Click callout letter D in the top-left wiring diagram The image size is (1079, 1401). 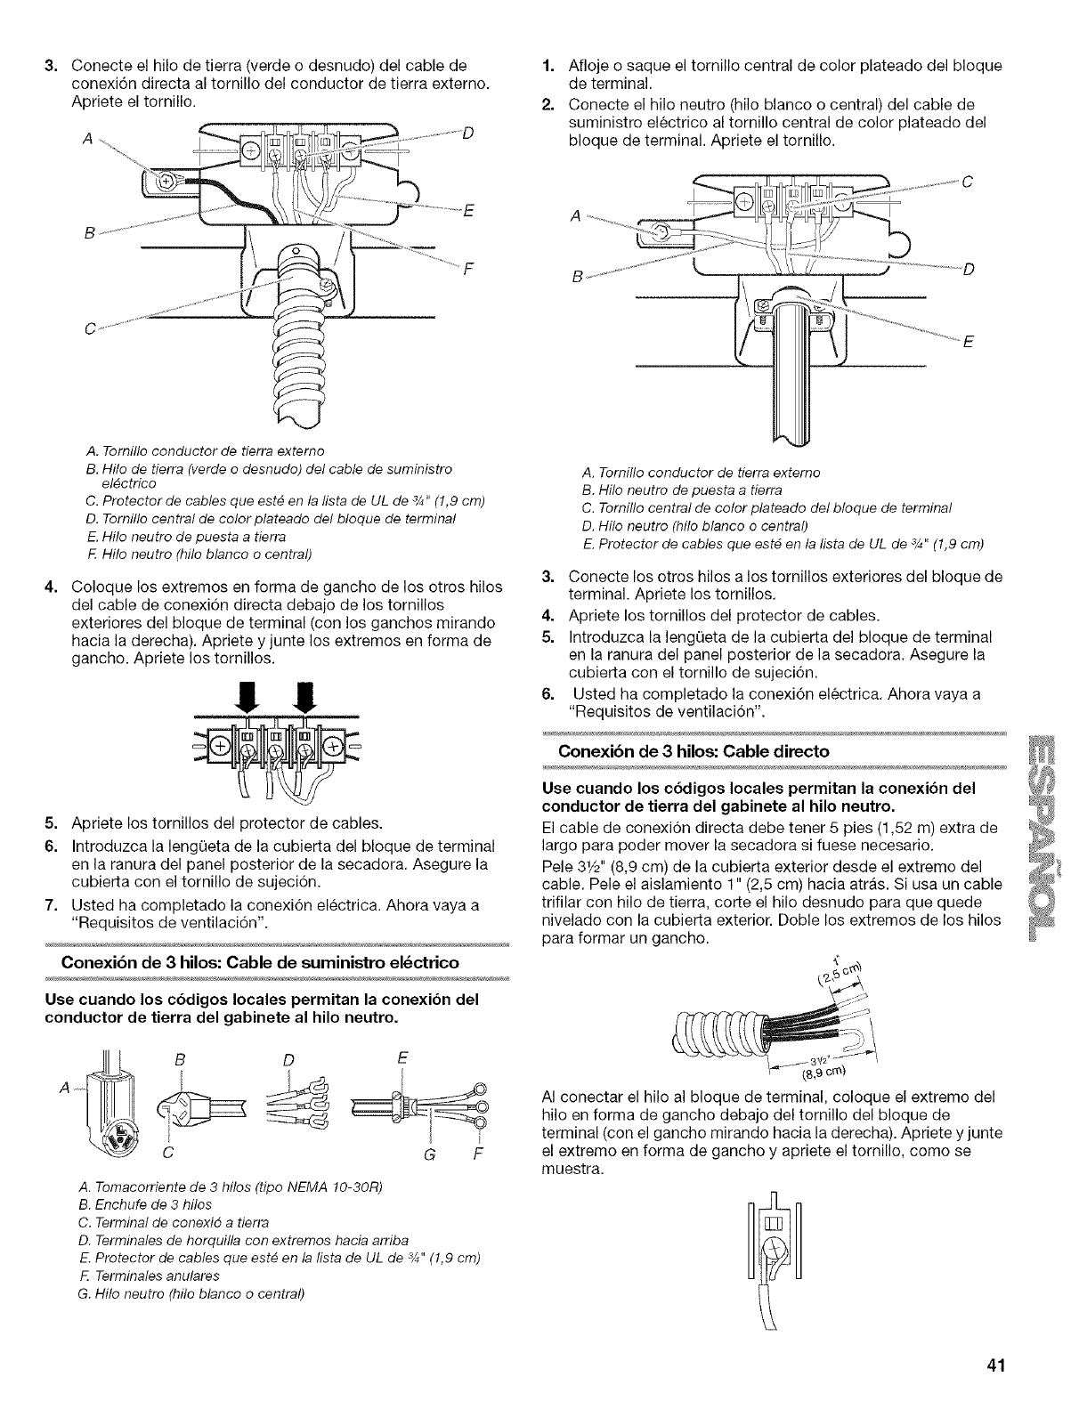click(x=467, y=135)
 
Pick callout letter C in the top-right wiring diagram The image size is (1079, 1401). click(x=968, y=184)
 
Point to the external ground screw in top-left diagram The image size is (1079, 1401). click(x=165, y=182)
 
